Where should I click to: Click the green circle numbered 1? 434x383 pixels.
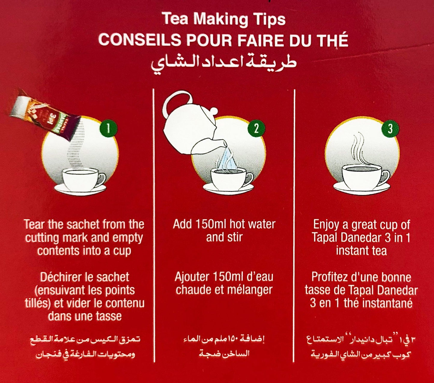108,129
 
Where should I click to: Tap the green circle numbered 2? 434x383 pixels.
256,129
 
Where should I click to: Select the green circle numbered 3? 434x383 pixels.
390,129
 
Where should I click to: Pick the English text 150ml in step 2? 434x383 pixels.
210,224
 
